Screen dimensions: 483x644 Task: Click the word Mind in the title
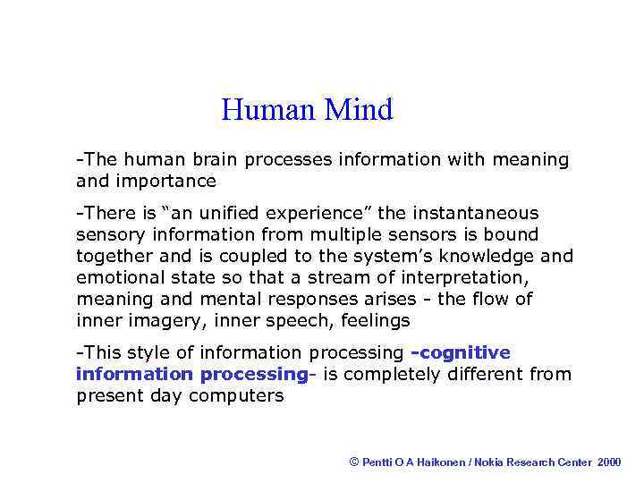[x=359, y=110]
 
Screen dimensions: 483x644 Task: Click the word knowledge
[x=490, y=257]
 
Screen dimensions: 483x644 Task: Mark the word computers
[x=236, y=396]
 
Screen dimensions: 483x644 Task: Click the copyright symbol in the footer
[x=354, y=462]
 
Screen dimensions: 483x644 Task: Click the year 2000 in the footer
[x=609, y=462]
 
